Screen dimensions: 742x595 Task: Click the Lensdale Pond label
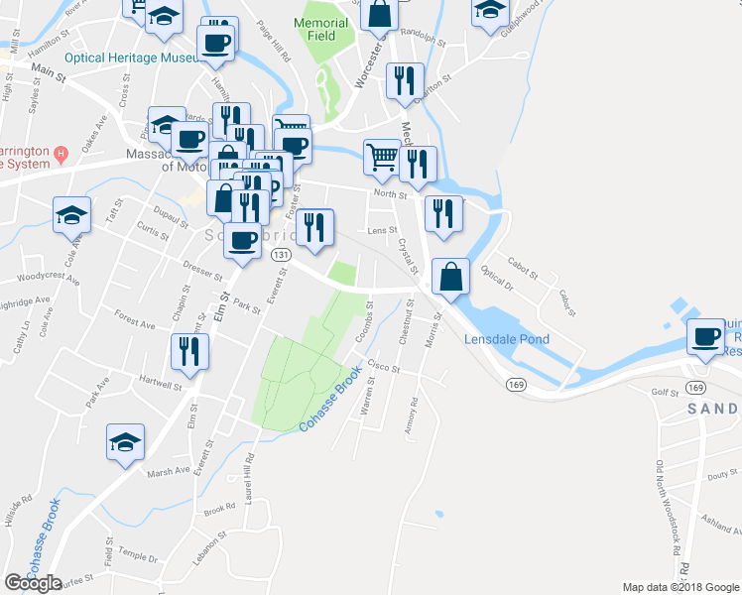tap(507, 339)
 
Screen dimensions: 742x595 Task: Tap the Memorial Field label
tap(322, 29)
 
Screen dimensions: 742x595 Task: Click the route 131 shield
tap(282, 255)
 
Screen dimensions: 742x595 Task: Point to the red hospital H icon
tap(61, 153)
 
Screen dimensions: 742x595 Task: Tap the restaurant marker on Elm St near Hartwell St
tap(187, 351)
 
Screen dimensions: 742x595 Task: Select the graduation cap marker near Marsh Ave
tap(126, 441)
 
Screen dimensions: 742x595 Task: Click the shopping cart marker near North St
tap(381, 156)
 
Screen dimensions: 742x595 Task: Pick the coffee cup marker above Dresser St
tap(241, 239)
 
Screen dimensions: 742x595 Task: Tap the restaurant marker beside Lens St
tap(314, 226)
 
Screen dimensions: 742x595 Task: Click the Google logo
tap(33, 583)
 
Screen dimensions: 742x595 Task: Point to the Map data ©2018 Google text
tap(680, 587)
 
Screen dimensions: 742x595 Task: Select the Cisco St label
tap(383, 368)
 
